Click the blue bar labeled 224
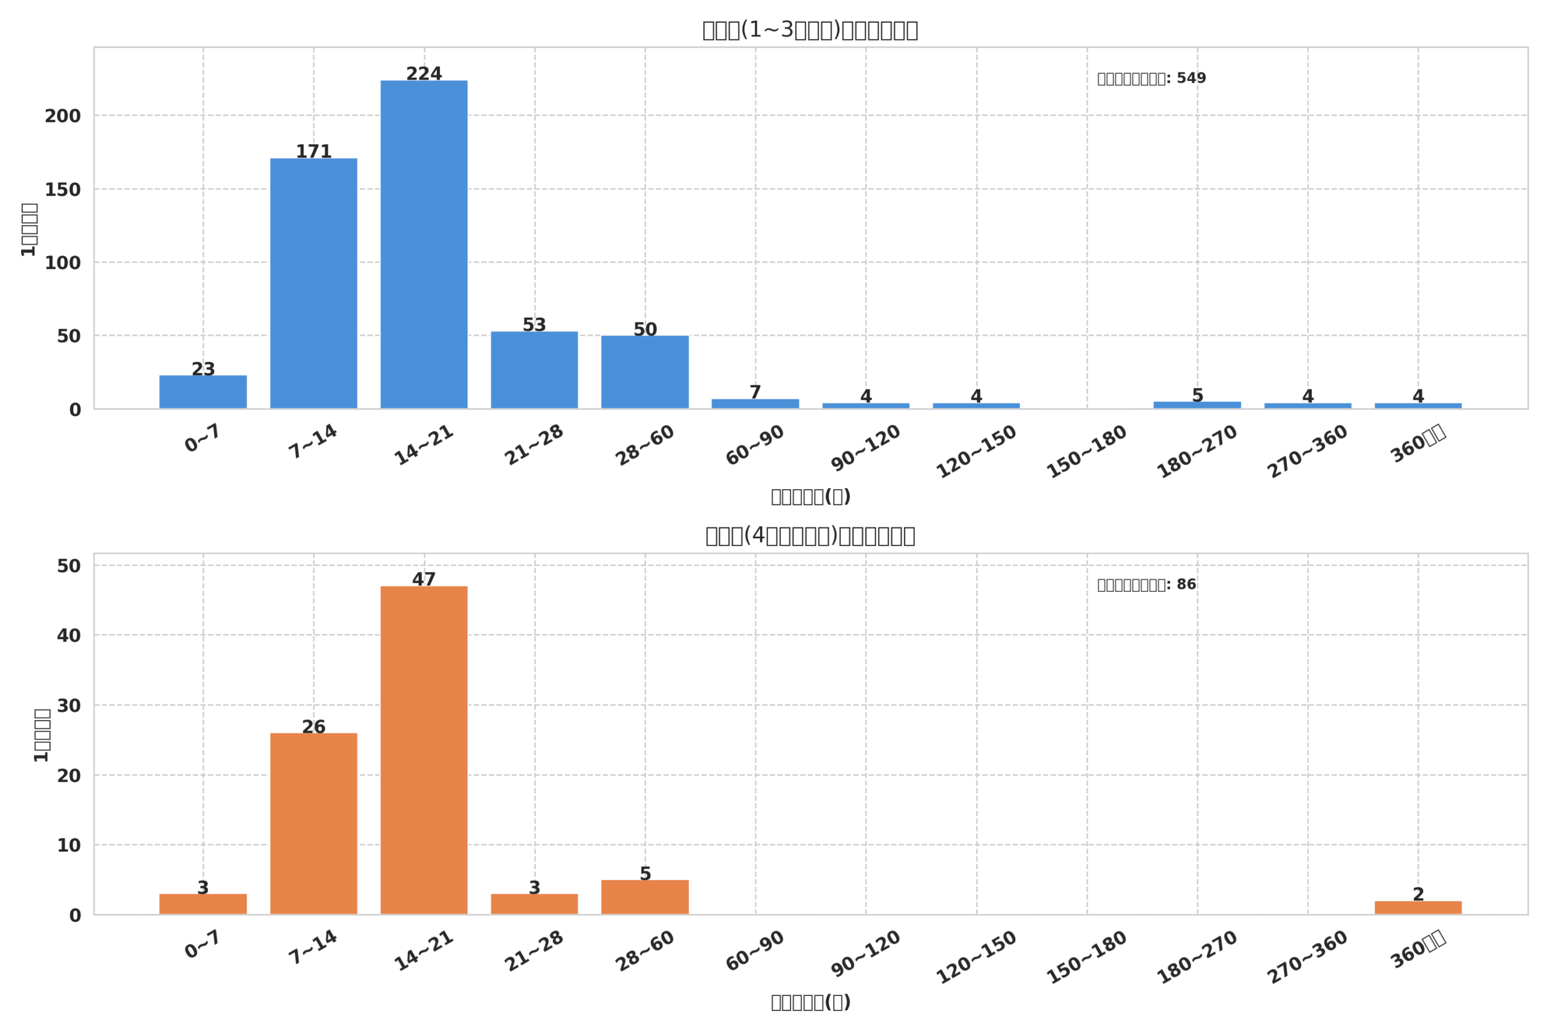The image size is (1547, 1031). click(x=424, y=245)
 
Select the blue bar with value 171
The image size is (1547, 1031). click(x=313, y=283)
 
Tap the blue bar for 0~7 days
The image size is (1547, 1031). click(x=202, y=392)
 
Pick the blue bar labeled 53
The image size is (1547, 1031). click(x=534, y=370)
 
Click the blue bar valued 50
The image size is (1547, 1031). click(x=645, y=372)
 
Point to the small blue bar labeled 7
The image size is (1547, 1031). click(x=755, y=403)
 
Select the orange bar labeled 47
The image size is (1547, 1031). click(x=424, y=750)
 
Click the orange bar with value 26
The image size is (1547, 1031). click(x=313, y=823)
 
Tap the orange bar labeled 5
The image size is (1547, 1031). click(x=645, y=897)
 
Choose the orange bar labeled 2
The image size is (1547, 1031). click(x=1418, y=907)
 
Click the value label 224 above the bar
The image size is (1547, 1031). click(x=424, y=74)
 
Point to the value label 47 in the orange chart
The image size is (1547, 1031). click(x=424, y=579)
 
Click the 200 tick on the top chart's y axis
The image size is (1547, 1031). click(x=62, y=117)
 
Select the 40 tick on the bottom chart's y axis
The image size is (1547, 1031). click(x=68, y=636)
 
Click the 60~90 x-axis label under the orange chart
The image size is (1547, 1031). click(x=755, y=951)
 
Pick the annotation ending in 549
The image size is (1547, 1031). click(x=1151, y=79)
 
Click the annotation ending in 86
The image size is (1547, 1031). click(x=1146, y=585)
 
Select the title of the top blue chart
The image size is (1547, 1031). click(x=810, y=30)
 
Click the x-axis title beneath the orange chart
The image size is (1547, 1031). click(x=810, y=1002)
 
